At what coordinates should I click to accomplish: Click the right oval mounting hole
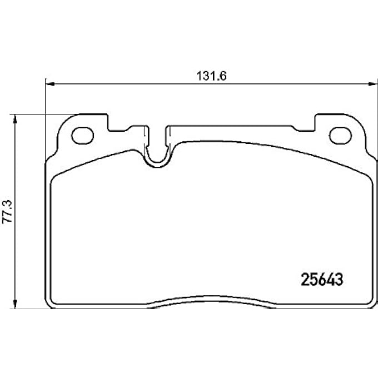[339, 135]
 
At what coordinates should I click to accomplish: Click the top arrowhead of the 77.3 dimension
[15, 118]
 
